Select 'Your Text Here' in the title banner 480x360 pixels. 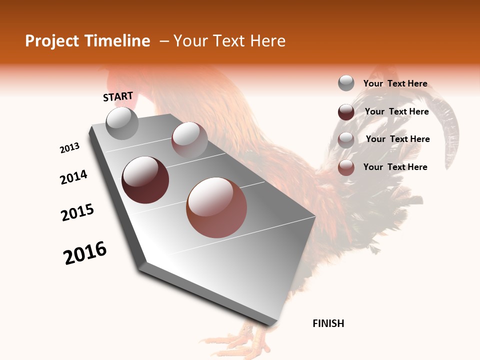(x=229, y=41)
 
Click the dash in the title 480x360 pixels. (x=163, y=41)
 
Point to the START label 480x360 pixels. (x=118, y=96)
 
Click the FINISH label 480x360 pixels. (x=328, y=323)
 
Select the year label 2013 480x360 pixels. (x=70, y=148)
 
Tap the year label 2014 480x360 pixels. (x=73, y=177)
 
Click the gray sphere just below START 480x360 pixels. (x=122, y=123)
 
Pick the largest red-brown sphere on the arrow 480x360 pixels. (x=216, y=207)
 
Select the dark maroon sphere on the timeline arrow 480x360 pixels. (x=145, y=180)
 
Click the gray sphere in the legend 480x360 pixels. (x=346, y=83)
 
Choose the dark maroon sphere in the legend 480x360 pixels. (x=346, y=112)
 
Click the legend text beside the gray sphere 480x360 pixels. (x=395, y=83)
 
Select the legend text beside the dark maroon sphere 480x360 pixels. (x=397, y=111)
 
